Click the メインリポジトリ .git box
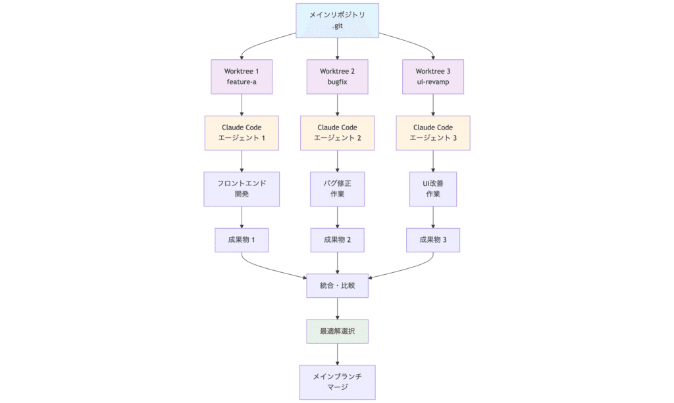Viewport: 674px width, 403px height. pos(337,20)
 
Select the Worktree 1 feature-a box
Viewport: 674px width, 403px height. pos(242,77)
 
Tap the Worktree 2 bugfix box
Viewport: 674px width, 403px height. pos(337,77)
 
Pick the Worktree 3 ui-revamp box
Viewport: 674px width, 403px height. pos(432,77)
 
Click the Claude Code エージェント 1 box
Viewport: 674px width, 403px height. pos(242,132)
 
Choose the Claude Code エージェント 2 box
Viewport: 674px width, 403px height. pos(337,132)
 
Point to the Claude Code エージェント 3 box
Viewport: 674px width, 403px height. pos(432,132)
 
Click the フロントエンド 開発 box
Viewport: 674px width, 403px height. pos(242,189)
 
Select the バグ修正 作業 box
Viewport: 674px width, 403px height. pos(337,189)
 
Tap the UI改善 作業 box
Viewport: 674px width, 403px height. pos(432,189)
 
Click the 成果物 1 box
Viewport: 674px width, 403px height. pos(242,240)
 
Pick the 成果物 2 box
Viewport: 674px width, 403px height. pos(337,240)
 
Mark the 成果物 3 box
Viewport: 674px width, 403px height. pos(432,240)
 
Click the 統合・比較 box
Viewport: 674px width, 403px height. pos(337,285)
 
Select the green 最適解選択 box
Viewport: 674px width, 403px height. pos(337,331)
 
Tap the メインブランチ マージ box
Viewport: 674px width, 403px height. pos(337,382)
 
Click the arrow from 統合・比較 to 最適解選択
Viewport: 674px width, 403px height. pos(337,308)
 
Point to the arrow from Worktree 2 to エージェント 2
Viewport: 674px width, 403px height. pos(337,105)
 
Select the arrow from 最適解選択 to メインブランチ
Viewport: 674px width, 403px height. pos(337,354)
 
